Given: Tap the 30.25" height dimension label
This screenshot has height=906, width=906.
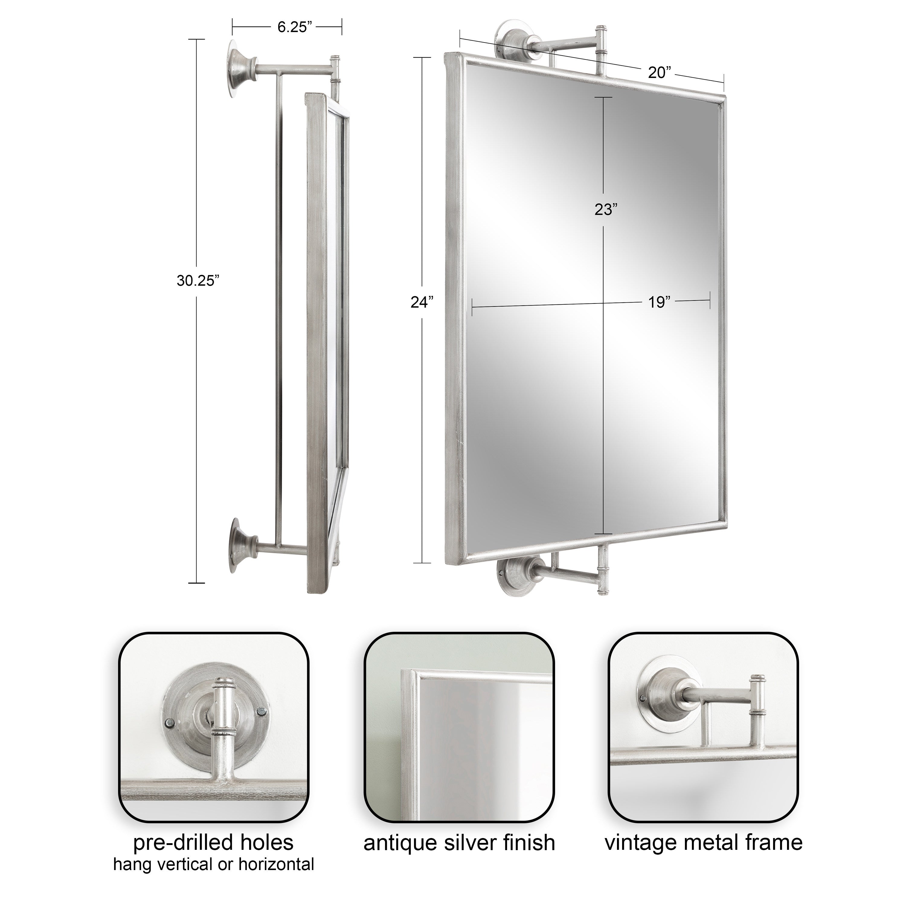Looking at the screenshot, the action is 198,281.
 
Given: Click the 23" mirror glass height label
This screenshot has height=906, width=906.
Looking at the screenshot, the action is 605,209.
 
